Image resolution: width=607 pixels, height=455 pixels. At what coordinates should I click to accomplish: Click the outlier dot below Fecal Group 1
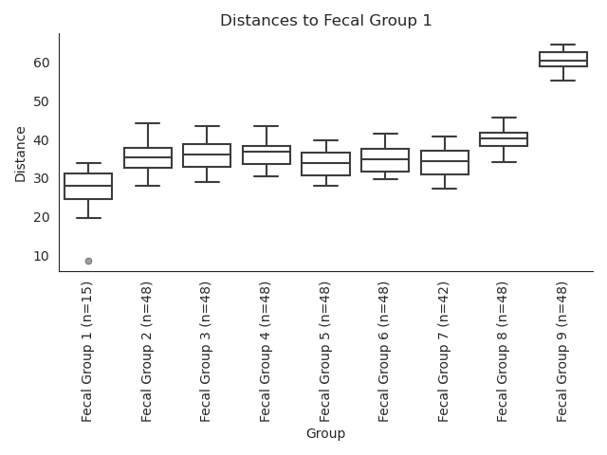(x=88, y=262)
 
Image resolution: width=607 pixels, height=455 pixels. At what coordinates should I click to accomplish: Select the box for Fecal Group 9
(x=563, y=52)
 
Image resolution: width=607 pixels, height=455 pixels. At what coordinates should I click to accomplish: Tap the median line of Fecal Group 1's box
(x=88, y=186)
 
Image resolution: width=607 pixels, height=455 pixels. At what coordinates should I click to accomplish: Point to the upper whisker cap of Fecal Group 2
(x=148, y=123)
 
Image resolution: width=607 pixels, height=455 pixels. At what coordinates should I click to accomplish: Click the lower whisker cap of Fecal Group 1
(x=88, y=218)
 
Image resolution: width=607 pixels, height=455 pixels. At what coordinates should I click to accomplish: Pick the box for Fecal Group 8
(x=504, y=133)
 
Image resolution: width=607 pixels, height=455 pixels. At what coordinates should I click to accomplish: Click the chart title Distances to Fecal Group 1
(x=325, y=20)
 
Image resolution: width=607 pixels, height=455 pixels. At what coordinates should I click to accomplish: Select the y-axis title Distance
(x=20, y=155)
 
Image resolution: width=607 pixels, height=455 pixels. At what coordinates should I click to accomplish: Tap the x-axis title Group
(x=325, y=433)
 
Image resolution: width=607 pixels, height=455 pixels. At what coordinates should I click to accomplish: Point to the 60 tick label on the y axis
(x=42, y=63)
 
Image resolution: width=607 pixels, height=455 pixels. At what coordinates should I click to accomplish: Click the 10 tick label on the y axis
(x=42, y=256)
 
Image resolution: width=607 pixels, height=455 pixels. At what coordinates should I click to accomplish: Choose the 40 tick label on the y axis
(x=42, y=140)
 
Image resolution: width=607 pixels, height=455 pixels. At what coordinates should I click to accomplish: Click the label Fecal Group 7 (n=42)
(x=444, y=352)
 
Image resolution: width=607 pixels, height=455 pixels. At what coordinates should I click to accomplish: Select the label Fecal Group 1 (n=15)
(x=86, y=352)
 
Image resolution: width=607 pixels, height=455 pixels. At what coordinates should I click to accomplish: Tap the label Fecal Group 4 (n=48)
(x=265, y=352)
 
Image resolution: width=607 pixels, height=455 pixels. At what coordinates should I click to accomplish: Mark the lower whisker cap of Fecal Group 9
(x=562, y=81)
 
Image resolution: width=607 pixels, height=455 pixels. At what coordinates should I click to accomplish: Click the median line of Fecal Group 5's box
(x=326, y=162)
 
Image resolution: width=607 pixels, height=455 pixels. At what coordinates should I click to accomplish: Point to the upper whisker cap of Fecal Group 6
(x=385, y=134)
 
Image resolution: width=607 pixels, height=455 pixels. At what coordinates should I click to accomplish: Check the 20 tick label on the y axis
(x=42, y=217)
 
